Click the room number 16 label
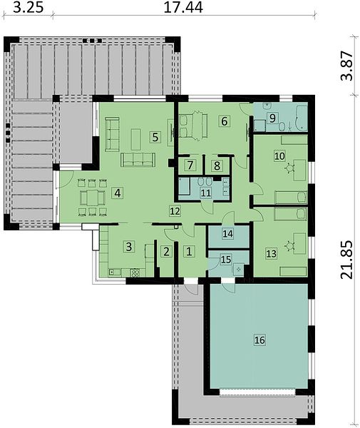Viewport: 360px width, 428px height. tap(259, 340)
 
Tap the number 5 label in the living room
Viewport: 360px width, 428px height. tap(155, 137)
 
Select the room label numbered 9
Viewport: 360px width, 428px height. tap(272, 118)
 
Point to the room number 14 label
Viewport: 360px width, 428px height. tap(228, 234)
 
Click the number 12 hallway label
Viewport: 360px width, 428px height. tap(175, 211)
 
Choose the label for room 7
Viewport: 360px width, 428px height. tap(190, 165)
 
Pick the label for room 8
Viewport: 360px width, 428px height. tap(217, 165)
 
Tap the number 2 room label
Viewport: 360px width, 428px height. tap(166, 252)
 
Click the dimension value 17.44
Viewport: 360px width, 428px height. tap(183, 8)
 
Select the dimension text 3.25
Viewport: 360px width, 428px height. tap(29, 8)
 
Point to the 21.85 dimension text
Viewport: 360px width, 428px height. tap(347, 260)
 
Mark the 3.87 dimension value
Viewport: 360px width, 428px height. tap(347, 66)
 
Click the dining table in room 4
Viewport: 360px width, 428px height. tap(92, 198)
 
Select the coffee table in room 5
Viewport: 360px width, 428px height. tap(136, 140)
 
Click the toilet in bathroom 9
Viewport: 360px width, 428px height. tap(282, 127)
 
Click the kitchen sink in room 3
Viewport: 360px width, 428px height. tap(115, 272)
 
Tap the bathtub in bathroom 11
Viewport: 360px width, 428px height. tap(185, 186)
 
